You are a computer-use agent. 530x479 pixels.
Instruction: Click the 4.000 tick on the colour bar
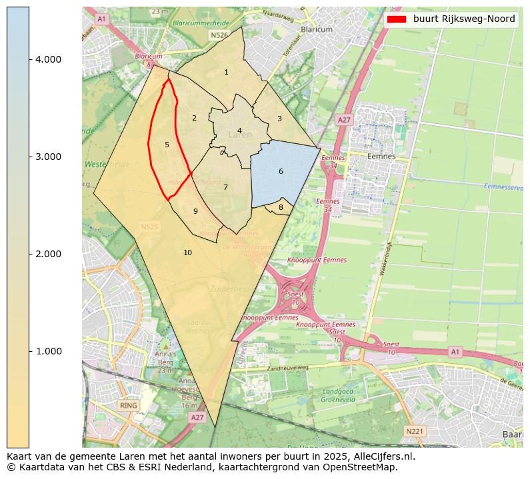pos(48,59)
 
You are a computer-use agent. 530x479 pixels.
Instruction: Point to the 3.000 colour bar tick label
pos(48,157)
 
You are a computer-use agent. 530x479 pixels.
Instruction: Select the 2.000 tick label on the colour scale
pos(48,254)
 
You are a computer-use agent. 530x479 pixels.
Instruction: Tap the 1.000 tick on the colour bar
pos(48,351)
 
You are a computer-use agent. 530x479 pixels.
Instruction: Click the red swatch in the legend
pos(396,19)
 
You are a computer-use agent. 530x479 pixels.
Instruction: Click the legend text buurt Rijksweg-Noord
pos(464,19)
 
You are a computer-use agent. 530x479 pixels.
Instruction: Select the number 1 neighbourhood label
pos(226,72)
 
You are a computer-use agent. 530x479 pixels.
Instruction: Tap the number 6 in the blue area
pos(281,171)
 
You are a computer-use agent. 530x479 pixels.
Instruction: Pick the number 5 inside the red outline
pos(167,145)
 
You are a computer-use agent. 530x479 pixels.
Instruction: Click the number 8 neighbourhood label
pos(281,207)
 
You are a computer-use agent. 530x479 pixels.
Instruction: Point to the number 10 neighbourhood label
pos(187,252)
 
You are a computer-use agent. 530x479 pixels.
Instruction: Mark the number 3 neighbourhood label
pos(279,119)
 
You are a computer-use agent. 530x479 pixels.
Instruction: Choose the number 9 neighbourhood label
pos(195,211)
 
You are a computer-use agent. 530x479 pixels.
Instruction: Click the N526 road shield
pos(218,35)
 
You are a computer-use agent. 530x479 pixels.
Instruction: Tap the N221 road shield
pos(415,432)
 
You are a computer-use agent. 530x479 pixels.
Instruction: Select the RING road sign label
pos(129,405)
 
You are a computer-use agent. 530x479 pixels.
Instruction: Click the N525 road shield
pos(151,227)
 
